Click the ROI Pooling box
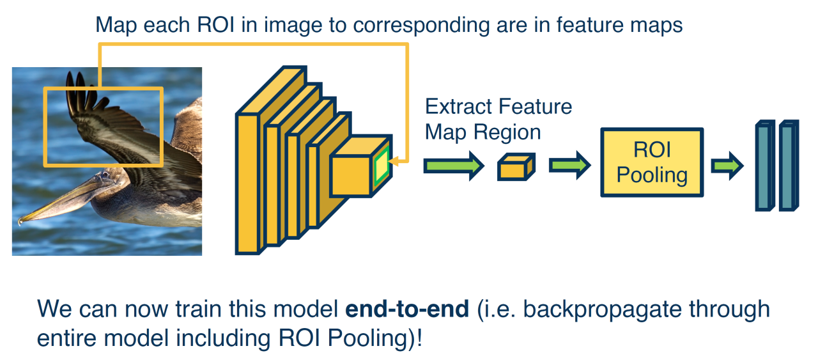coord(651,162)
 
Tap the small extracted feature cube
coord(515,168)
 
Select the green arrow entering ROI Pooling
coord(569,166)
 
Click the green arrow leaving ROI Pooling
coord(727,166)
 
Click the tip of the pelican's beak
coord(21,222)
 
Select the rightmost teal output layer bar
coord(788,166)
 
